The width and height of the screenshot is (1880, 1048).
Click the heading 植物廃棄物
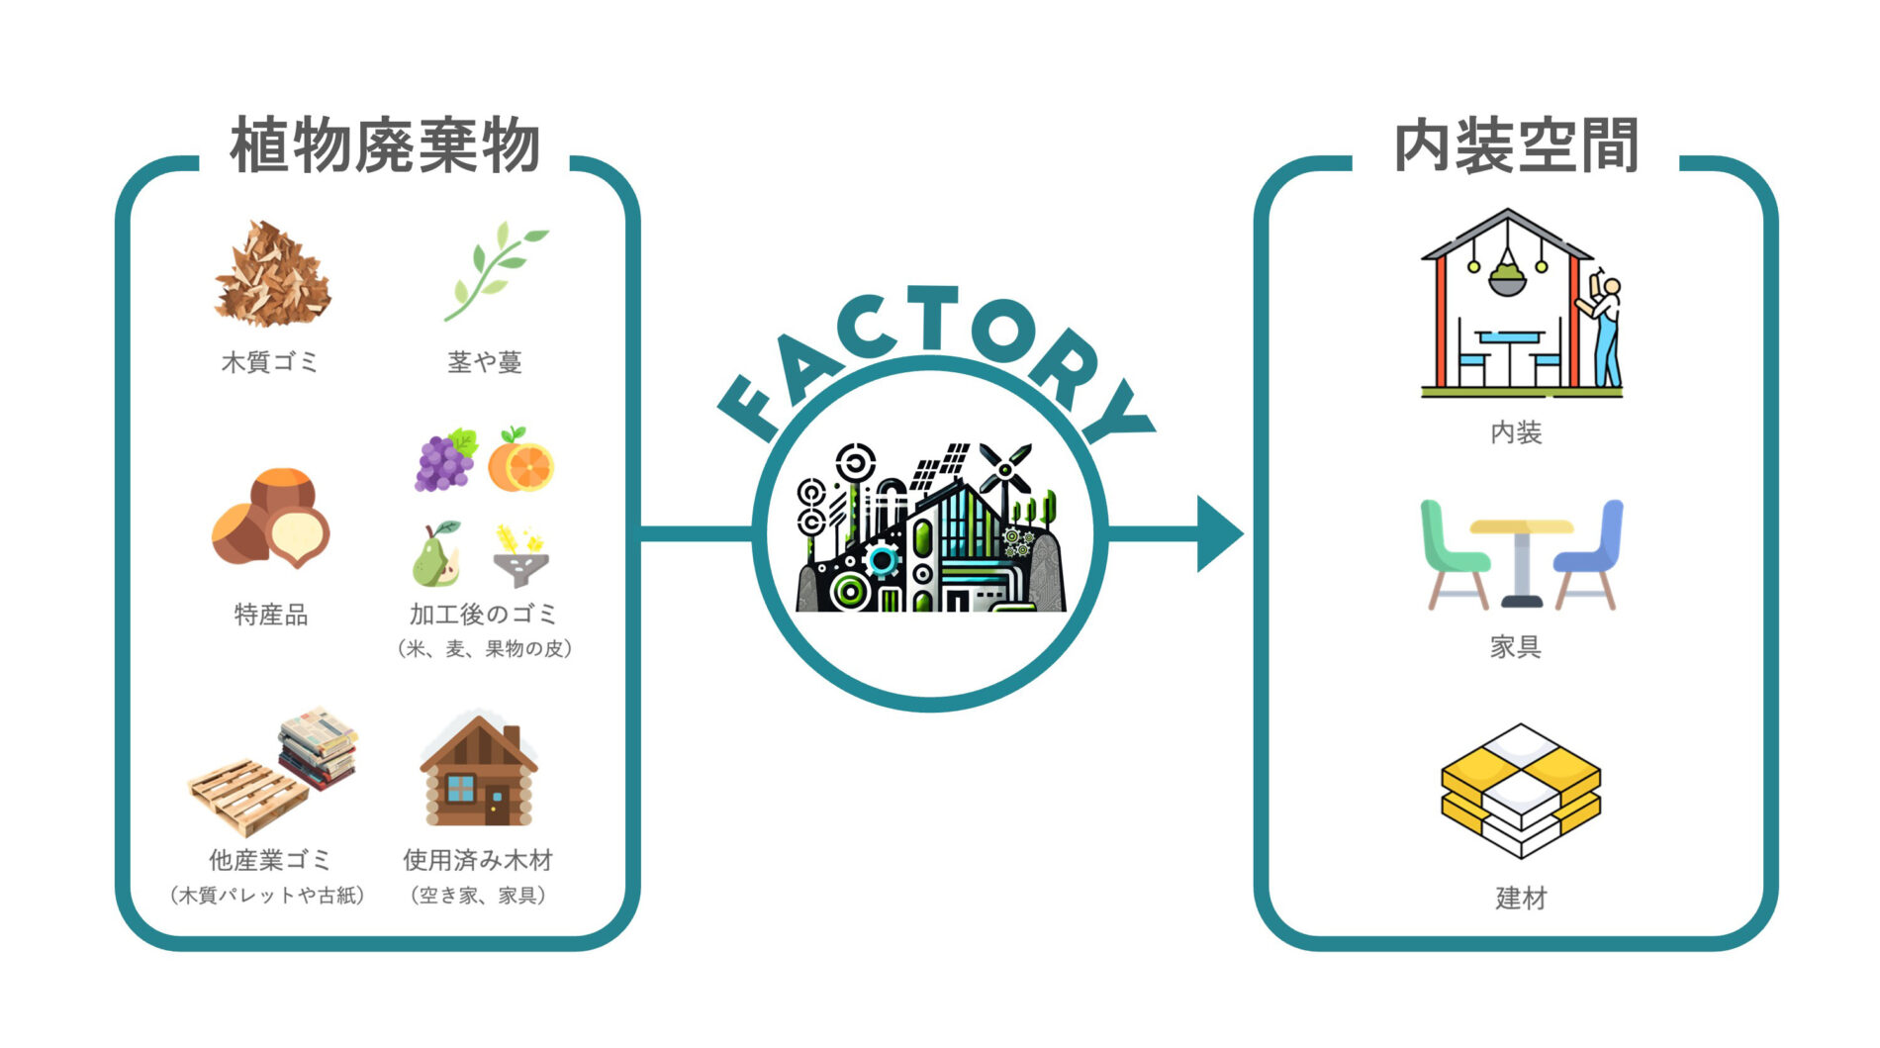click(385, 146)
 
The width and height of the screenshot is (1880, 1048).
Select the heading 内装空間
click(1516, 146)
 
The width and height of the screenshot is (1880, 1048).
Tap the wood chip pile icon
click(272, 273)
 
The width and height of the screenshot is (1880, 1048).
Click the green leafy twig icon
click(494, 271)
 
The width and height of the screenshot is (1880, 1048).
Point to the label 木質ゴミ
click(270, 362)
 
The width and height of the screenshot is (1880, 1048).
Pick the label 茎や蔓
click(485, 362)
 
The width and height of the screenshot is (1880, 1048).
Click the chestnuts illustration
click(270, 518)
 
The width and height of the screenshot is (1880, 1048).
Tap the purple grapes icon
click(445, 459)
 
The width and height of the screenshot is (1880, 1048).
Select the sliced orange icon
click(520, 459)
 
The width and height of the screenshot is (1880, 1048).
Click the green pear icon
click(435, 554)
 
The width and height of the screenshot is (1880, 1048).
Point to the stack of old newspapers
click(318, 747)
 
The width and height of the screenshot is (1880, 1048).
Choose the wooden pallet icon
click(248, 797)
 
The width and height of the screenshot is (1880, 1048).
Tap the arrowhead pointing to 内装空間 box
click(1220, 533)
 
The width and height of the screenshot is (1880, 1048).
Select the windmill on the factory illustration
click(1005, 470)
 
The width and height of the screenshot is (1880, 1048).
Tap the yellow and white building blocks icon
click(1520, 791)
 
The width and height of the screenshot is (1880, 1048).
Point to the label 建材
click(1521, 899)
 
